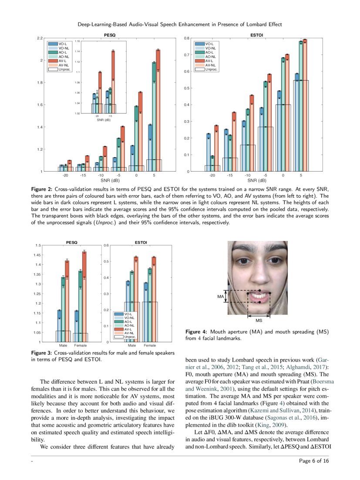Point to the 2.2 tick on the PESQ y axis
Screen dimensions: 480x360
[40, 39]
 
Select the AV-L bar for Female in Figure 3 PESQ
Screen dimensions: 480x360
[84, 296]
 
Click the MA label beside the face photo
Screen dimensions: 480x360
[220, 296]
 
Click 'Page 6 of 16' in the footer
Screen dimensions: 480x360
[314, 461]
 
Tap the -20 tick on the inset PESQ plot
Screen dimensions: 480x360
[97, 116]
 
